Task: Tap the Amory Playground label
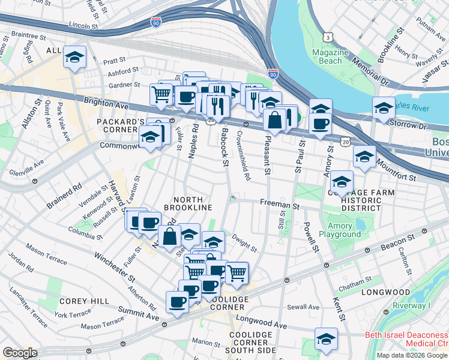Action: coord(340,230)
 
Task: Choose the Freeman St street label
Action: coord(280,205)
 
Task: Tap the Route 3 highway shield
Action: coord(328,37)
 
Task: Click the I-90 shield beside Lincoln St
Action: coord(156,22)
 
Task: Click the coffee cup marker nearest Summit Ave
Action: coord(177,302)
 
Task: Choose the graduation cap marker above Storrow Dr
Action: coord(384,109)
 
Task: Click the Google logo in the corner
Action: coord(19,352)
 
